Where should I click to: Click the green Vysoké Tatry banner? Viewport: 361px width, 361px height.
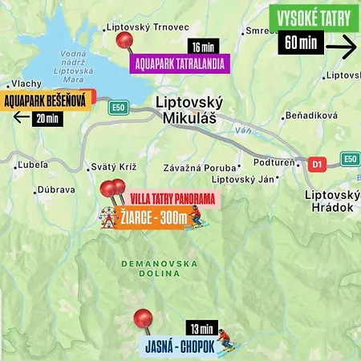pos(314,18)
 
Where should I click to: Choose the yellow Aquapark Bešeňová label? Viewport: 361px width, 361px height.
pos(47,101)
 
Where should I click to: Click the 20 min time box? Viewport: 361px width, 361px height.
pos(45,120)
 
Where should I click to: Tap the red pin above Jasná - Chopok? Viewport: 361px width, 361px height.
pos(144,318)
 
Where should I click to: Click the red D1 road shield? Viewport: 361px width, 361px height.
pos(317,164)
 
